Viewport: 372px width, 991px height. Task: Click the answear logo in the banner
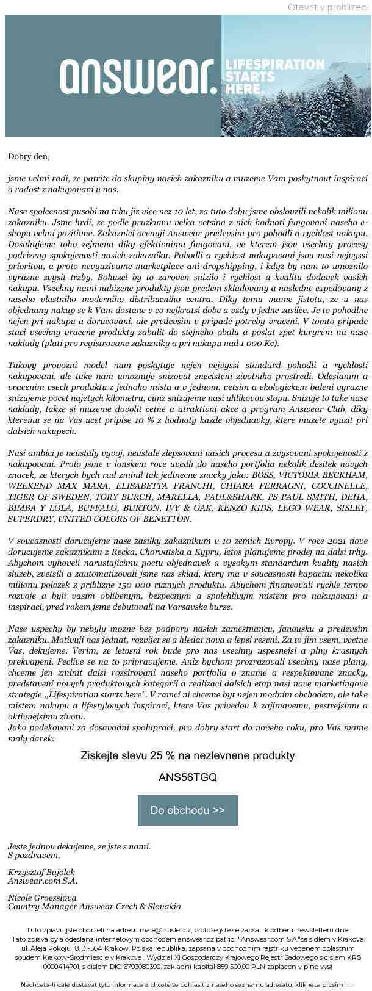coord(138,76)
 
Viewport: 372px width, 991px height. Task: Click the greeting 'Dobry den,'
coord(29,156)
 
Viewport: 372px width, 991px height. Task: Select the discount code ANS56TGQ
coord(187,777)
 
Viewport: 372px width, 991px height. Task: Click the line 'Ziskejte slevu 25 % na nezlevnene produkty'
coord(187,755)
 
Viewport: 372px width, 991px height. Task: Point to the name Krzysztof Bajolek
coord(41,872)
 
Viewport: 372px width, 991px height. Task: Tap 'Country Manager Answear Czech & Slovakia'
coord(95,906)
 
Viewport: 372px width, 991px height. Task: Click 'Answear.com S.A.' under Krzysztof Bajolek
coord(43,881)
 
